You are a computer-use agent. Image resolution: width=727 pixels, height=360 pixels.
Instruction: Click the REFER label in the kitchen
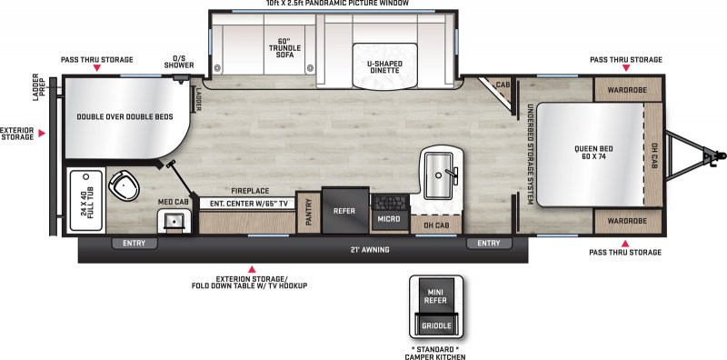click(344, 210)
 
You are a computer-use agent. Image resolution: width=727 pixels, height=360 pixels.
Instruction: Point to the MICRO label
click(389, 218)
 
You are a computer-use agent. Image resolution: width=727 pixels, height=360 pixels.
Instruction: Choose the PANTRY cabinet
click(308, 212)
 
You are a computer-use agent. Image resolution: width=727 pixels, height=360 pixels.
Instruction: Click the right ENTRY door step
click(487, 243)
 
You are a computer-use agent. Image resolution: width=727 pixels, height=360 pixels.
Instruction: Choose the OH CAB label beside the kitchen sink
click(436, 225)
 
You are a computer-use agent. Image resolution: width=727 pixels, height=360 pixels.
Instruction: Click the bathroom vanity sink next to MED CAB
click(173, 219)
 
